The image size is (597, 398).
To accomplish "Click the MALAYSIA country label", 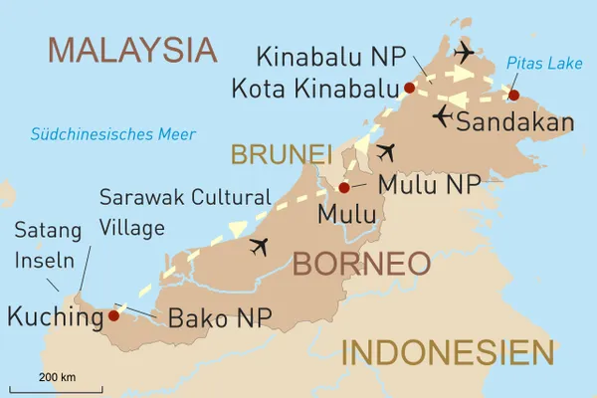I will click(x=132, y=49).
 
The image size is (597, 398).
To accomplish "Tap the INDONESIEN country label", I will click(x=447, y=353).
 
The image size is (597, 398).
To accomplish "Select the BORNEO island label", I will click(x=360, y=264).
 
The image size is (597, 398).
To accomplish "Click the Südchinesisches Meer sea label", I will click(x=112, y=134).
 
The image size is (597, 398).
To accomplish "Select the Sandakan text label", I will click(x=514, y=122).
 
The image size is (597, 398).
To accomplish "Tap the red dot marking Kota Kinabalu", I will click(x=409, y=88).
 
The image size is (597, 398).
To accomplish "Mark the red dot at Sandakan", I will click(x=513, y=96).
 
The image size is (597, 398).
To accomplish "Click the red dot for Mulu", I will click(x=343, y=187).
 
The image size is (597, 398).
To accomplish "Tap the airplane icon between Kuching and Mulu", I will click(x=262, y=246).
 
